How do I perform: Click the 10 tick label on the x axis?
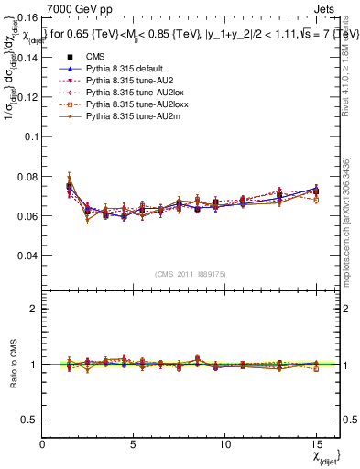pyautogui.click(x=224, y=443)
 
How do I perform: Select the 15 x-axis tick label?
pyautogui.click(x=315, y=443)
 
